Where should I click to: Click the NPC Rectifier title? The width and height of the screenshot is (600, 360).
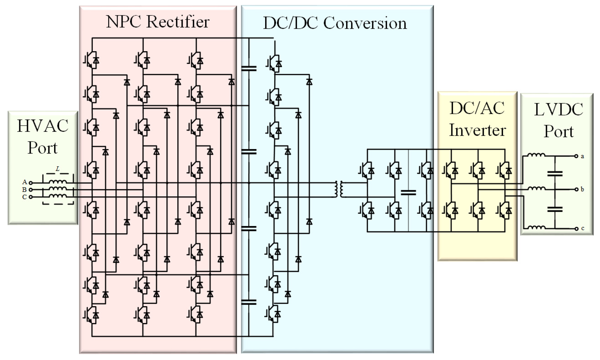coord(158,22)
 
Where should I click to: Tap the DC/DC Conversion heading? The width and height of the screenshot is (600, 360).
coord(335,23)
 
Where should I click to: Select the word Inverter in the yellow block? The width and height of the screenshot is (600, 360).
coord(477,130)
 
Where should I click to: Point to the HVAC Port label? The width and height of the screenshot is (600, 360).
coord(43,137)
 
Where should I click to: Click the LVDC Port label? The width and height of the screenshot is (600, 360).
coord(559,120)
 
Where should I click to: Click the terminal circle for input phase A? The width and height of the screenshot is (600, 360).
coord(30,183)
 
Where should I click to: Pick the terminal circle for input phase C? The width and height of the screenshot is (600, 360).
coord(30,197)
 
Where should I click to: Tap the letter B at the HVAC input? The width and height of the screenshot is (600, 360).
coord(25,190)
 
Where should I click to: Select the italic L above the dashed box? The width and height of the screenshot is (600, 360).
coord(58,169)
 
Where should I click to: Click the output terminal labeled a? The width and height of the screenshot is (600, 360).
coord(576,156)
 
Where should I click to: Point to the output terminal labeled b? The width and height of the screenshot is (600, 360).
coord(576,189)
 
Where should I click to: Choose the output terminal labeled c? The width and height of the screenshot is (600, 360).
coord(576,229)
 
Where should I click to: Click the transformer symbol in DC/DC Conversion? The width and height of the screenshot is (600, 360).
coord(339,189)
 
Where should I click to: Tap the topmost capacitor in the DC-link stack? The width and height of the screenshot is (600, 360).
coord(249,68)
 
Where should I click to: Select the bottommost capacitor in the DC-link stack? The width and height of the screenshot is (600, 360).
coord(249,302)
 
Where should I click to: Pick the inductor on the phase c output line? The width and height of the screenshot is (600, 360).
coord(536,227)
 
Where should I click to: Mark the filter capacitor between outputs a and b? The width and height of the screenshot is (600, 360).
coord(555,173)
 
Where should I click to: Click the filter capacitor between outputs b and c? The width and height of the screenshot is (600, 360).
coord(555,209)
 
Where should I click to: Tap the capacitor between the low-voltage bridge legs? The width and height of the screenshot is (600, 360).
coord(408,193)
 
